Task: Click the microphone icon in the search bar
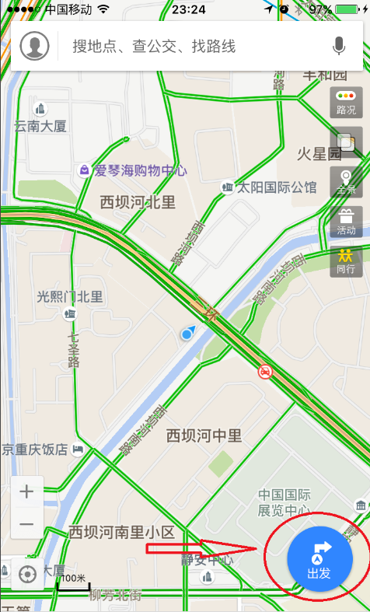339,47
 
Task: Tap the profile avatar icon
35,47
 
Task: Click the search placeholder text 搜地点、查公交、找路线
153,47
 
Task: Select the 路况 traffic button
346,101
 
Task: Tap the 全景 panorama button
346,180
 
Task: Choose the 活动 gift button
346,221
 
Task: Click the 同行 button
346,260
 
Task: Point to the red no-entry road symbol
266,372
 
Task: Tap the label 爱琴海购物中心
140,170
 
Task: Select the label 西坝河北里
138,202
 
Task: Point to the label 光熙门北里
70,296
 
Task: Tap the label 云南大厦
40,125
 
